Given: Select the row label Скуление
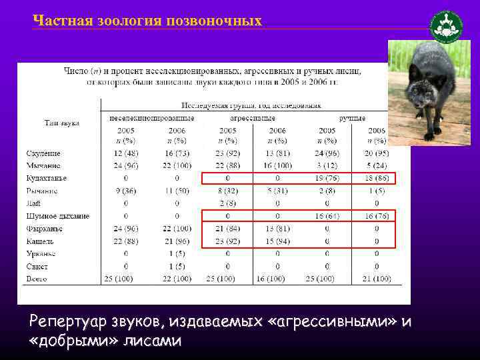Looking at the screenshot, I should (x=43, y=153).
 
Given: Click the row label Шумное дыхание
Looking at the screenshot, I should (x=58, y=216).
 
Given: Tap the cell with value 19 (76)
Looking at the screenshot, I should (x=327, y=178).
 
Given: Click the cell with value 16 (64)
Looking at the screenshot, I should (x=327, y=216).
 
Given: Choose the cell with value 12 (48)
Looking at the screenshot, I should (x=126, y=153).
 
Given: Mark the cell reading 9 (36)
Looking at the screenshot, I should (x=126, y=191).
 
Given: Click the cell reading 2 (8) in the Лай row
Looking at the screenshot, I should (x=227, y=203).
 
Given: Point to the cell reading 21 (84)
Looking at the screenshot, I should (x=227, y=229).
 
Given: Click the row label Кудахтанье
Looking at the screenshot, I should (x=47, y=178).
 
